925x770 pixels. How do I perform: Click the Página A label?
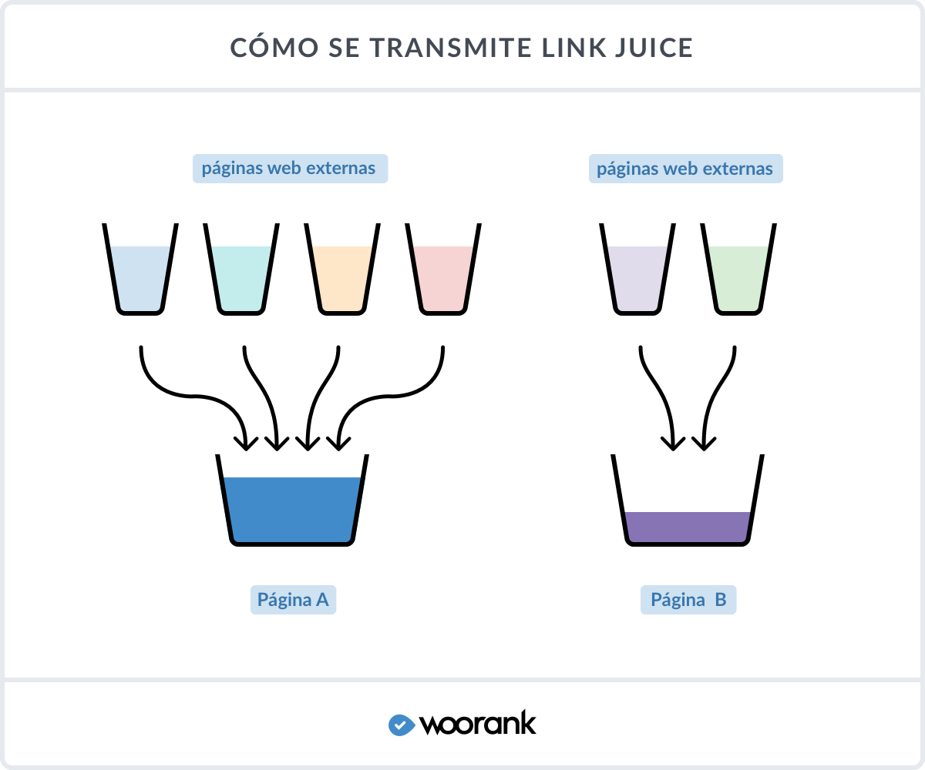[x=293, y=600]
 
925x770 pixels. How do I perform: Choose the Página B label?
[x=688, y=600]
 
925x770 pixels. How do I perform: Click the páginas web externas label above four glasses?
[x=289, y=169]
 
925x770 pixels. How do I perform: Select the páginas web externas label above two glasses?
[x=685, y=169]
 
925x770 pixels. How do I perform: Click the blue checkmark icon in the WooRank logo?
[x=401, y=725]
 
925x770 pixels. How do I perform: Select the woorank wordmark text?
[x=478, y=724]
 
